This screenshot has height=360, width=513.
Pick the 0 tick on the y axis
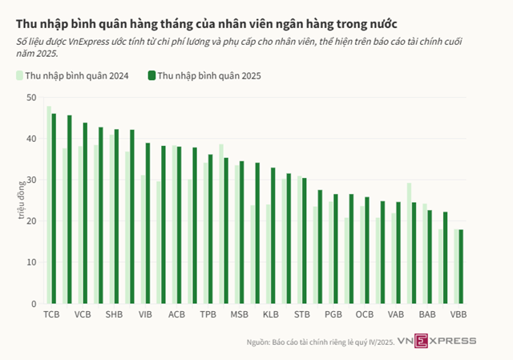click(34, 304)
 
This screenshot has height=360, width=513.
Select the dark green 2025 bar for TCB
click(54, 208)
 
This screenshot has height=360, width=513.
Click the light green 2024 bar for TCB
click(49, 205)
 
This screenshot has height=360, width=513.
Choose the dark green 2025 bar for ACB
click(179, 225)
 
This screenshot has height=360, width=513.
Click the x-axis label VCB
click(83, 315)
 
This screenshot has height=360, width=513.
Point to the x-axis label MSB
click(239, 315)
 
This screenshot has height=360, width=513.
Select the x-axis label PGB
click(333, 315)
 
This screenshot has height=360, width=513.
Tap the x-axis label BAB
click(426, 315)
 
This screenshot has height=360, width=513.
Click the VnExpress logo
click(447, 341)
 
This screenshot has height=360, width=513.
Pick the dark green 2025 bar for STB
click(304, 241)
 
